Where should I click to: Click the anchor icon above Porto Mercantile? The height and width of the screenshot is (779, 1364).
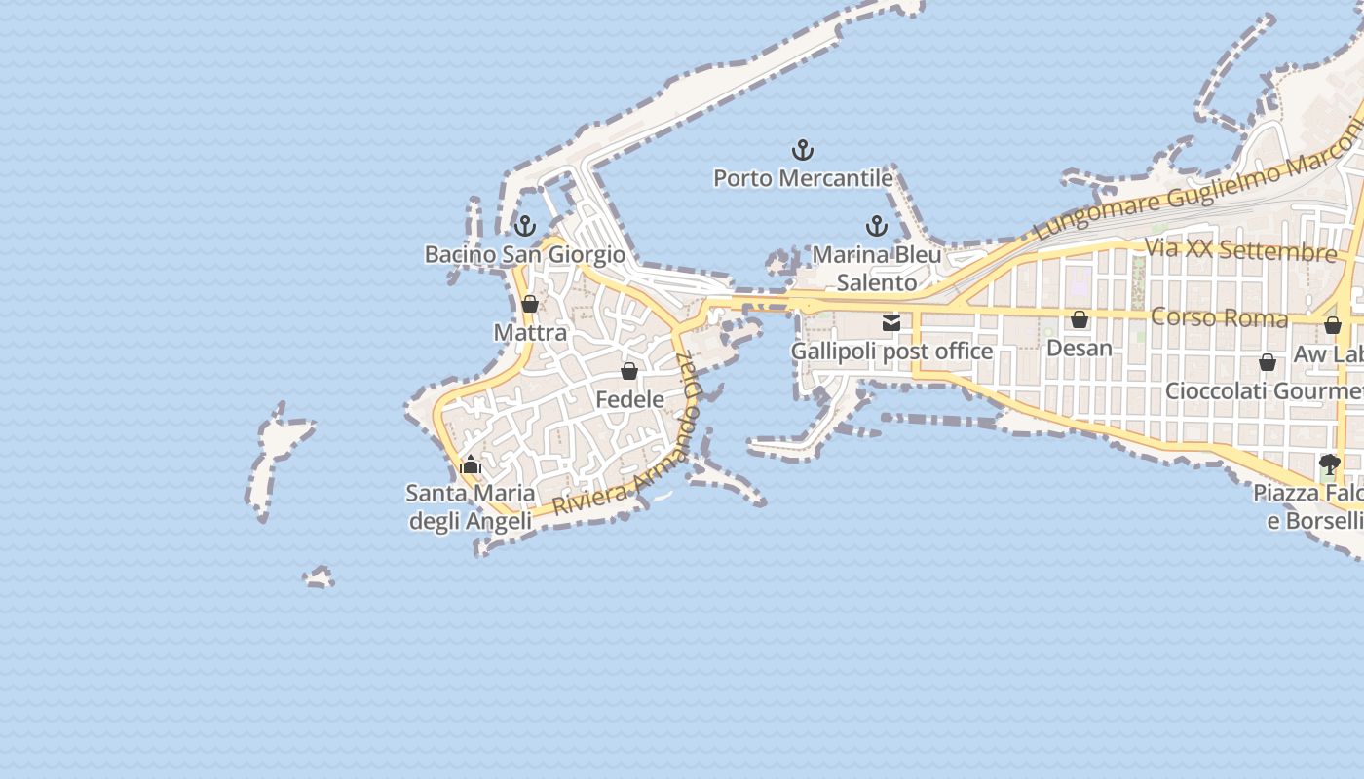tap(802, 150)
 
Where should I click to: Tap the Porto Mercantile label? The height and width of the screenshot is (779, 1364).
tap(803, 178)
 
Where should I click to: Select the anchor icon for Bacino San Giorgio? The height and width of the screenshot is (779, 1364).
tap(525, 226)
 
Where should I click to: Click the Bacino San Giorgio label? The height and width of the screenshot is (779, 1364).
tap(524, 254)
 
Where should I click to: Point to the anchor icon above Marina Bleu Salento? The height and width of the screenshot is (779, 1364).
tap(877, 226)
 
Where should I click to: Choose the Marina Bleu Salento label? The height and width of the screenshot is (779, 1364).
tap(877, 269)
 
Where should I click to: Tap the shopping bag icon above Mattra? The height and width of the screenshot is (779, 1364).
tap(530, 304)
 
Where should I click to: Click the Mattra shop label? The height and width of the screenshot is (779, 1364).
tap(530, 332)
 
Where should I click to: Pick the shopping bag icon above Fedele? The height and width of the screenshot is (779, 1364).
tap(629, 371)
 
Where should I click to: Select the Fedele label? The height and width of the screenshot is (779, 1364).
tap(629, 399)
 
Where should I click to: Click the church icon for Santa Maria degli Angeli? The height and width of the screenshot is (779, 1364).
tap(471, 464)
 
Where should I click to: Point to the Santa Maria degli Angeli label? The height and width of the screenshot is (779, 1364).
tap(471, 507)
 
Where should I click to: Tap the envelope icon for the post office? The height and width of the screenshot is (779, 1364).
tap(891, 323)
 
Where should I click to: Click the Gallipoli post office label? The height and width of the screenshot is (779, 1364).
tap(891, 352)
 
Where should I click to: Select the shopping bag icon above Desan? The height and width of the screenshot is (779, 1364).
tap(1080, 319)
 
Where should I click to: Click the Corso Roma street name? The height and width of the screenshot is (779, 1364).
tap(1219, 317)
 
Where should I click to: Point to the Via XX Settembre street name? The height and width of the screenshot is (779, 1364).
tap(1240, 249)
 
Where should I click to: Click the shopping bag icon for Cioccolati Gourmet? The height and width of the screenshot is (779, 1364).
tap(1268, 362)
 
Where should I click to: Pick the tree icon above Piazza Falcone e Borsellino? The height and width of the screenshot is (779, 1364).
tap(1329, 464)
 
